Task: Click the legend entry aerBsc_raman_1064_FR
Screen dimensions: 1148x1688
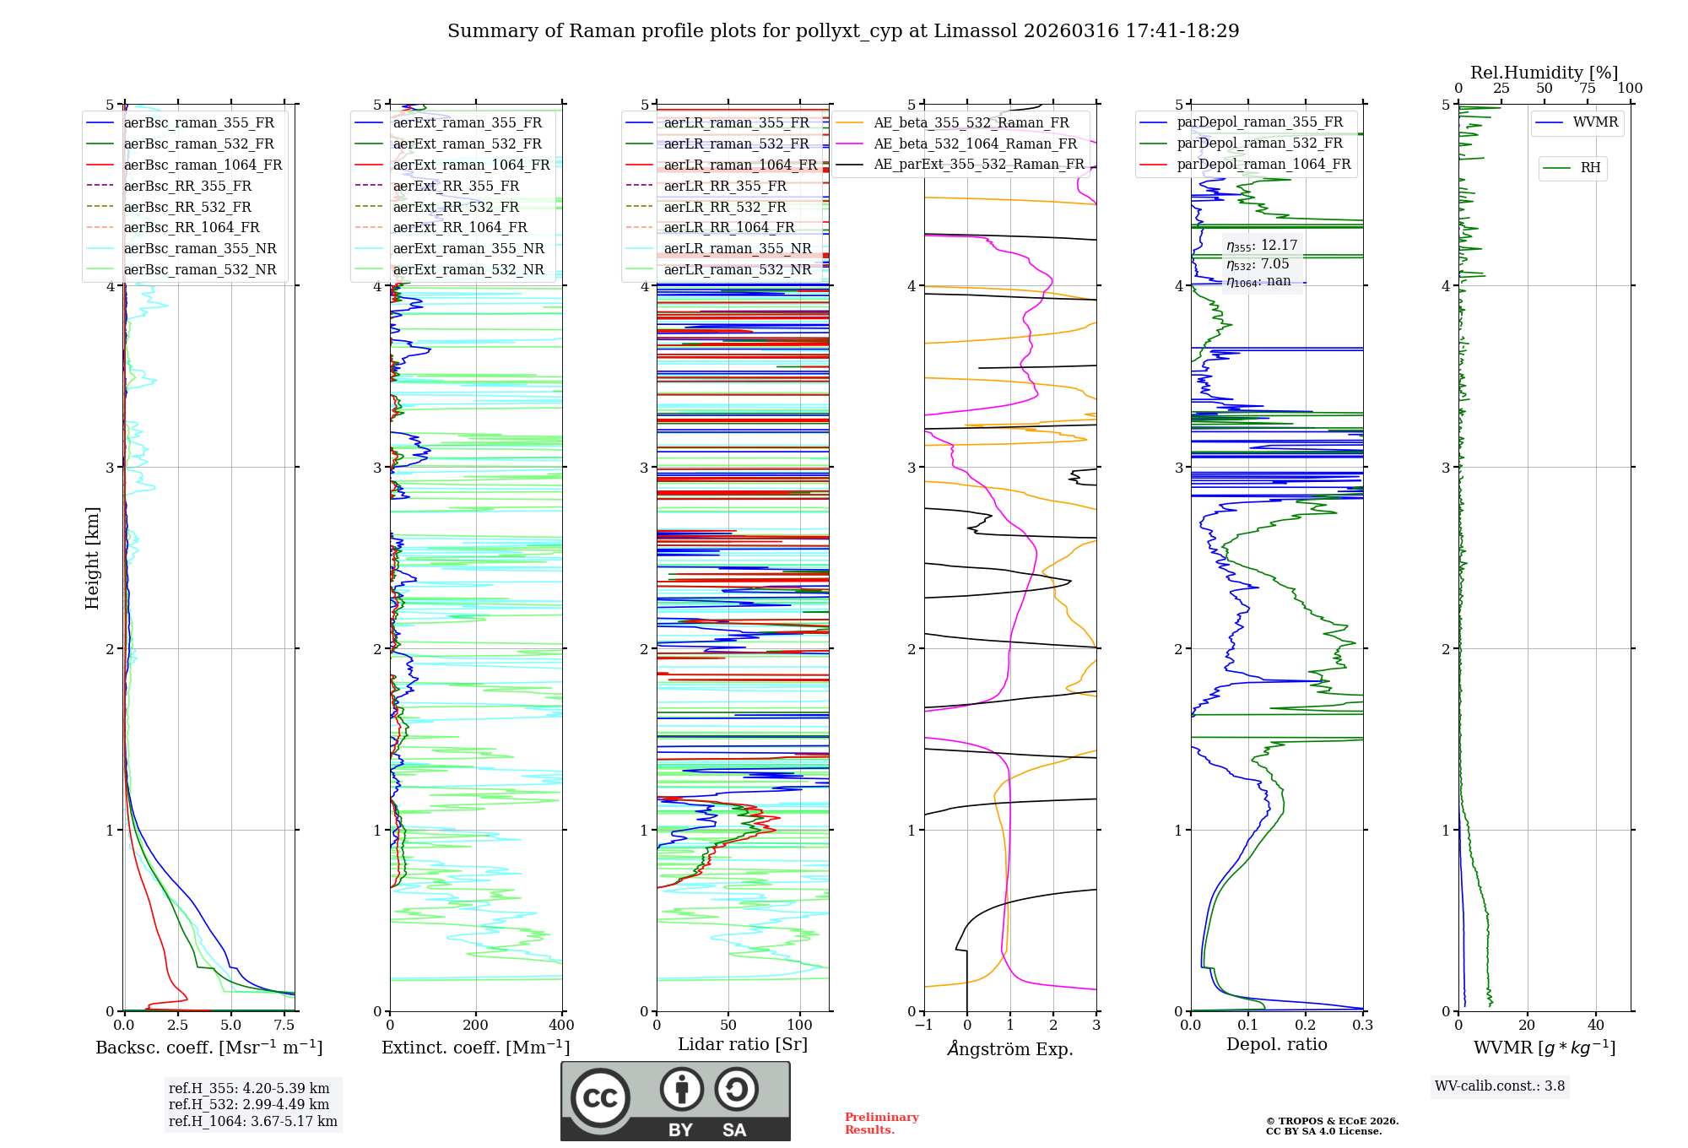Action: [x=203, y=165]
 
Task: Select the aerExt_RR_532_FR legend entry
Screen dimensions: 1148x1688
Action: [x=456, y=207]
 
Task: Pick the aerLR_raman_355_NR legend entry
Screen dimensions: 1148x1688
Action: [x=737, y=249]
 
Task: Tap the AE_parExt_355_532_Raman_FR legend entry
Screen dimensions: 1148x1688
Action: [x=978, y=165]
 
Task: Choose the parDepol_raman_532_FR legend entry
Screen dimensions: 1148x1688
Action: [x=1259, y=143]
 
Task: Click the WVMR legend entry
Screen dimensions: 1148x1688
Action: [x=1595, y=122]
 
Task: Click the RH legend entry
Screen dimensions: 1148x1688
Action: [x=1590, y=168]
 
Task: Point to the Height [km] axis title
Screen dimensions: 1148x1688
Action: [x=92, y=558]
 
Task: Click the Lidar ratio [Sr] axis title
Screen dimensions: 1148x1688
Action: [x=743, y=1044]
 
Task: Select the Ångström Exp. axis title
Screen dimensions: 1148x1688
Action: [x=1010, y=1048]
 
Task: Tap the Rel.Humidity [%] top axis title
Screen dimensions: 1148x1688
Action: [x=1544, y=73]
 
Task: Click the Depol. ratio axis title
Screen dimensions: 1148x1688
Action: [x=1276, y=1044]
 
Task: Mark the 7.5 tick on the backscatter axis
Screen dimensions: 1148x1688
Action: [x=284, y=1026]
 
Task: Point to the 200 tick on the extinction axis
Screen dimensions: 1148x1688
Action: [x=476, y=1026]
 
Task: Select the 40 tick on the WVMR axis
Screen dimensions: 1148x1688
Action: [x=1595, y=1026]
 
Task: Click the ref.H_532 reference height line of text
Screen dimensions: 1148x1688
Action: [x=249, y=1104]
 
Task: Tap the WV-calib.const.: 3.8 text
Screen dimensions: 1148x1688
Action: [x=1500, y=1086]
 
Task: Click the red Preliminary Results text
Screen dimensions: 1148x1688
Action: [x=881, y=1124]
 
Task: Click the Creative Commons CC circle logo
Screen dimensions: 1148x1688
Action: [x=600, y=1098]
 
